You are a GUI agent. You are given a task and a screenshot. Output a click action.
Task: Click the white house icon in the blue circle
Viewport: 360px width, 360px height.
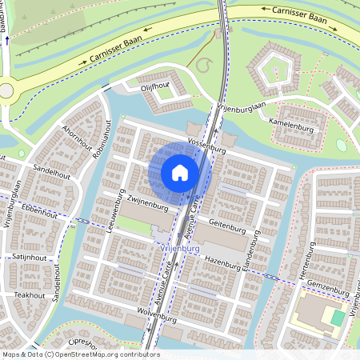coord(180,172)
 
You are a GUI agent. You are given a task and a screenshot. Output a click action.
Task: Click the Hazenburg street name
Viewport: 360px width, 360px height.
coord(223,262)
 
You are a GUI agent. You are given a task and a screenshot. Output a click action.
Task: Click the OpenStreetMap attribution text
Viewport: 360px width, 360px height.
coord(80,354)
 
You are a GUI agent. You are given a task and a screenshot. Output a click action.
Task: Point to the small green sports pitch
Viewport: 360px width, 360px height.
coord(338,318)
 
